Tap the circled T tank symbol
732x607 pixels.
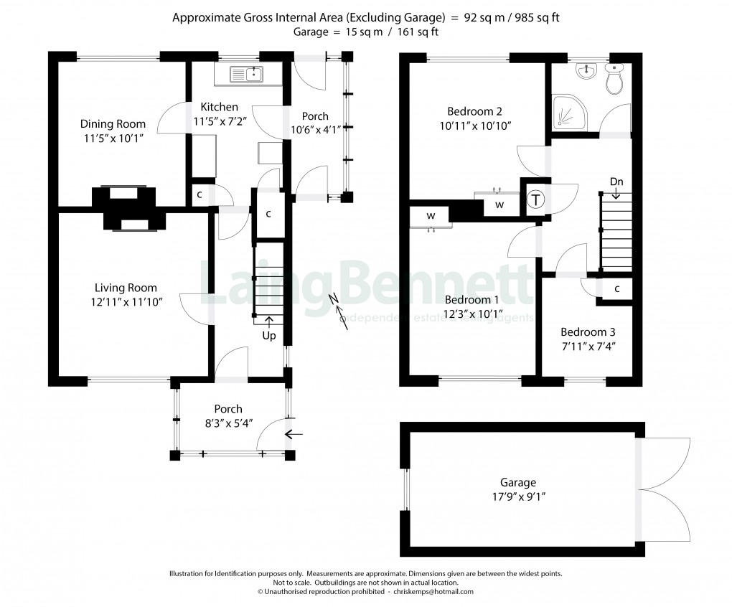[x=536, y=201]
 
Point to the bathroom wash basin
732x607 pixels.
[x=586, y=70]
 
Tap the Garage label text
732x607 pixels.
[x=518, y=482]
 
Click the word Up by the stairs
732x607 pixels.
[x=269, y=335]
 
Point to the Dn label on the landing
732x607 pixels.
[x=616, y=182]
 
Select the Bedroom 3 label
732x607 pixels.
[x=588, y=332]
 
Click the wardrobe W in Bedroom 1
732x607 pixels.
[x=431, y=215]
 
